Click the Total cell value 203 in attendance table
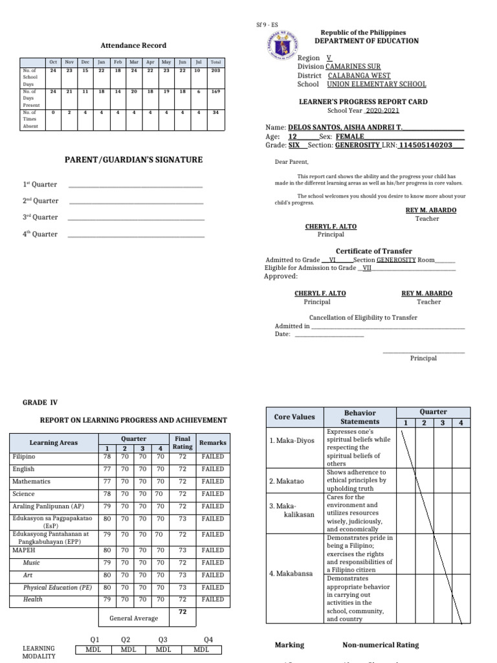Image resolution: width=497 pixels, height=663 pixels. (x=215, y=71)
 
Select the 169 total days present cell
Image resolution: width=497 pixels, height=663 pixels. (x=215, y=92)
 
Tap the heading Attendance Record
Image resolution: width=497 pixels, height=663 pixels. (x=133, y=45)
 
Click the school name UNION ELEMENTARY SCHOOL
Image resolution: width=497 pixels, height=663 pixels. (x=376, y=84)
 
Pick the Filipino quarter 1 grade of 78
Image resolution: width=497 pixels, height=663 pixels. (x=107, y=456)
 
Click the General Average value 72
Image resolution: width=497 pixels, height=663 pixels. (x=182, y=611)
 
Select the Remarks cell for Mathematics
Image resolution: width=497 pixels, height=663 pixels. (x=212, y=481)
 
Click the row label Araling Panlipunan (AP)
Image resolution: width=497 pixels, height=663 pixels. (x=48, y=506)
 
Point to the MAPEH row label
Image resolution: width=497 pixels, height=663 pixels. (x=24, y=550)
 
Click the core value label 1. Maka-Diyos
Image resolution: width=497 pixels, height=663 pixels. (x=292, y=440)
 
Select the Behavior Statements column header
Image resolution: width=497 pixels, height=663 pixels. (x=360, y=418)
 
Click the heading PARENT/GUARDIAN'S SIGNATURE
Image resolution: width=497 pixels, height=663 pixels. (x=133, y=160)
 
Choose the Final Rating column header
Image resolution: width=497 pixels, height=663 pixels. (x=182, y=443)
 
